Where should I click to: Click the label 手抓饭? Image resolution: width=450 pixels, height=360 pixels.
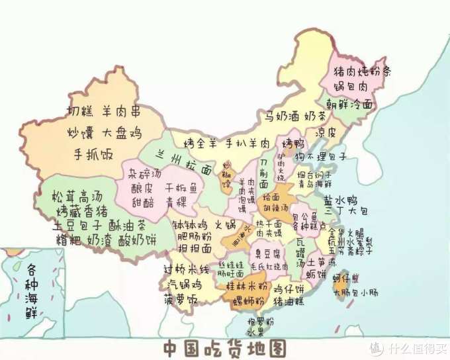93,155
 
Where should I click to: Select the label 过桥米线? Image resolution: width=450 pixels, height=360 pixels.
186,269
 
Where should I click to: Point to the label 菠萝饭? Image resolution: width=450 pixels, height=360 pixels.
182,299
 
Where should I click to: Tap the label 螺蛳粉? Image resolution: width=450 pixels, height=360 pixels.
248,302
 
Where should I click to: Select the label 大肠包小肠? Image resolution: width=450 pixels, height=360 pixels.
356,291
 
